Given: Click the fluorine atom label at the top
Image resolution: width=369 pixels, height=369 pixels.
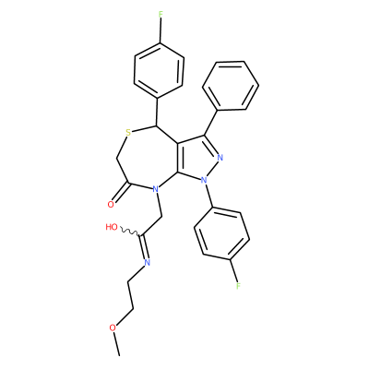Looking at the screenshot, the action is pos(160,14).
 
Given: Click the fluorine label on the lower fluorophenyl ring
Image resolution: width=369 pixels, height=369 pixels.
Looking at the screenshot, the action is pos(238,286).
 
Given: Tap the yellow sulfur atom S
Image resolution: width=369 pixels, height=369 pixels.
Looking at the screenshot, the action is pos(128,133).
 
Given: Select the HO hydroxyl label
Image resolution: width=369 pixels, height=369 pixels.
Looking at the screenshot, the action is pos(112,227).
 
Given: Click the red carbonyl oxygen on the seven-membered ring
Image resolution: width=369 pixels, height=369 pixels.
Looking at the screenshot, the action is pos(112,205).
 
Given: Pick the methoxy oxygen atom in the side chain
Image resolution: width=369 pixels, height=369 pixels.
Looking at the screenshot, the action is pos(113,327).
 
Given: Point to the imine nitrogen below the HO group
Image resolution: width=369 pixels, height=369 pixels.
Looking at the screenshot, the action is pos(147,262).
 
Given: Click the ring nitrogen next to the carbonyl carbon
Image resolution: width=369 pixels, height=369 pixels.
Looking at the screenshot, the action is pos(155,188).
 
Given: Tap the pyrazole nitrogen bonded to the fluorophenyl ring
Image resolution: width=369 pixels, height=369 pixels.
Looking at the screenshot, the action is pos(203,180).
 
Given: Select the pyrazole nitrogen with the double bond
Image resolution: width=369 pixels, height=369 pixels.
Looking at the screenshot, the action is pos(220,158).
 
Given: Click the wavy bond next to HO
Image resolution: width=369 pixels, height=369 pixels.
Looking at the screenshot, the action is pos(130,232).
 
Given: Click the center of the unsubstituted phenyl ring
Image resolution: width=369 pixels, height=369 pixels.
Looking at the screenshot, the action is pos(231,85).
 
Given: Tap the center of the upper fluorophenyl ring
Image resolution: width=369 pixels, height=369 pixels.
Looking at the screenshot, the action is pos(159,71).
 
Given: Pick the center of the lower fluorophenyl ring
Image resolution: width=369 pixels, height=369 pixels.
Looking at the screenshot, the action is pos(221,234).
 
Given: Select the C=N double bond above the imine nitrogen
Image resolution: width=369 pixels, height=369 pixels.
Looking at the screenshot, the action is pos(144,248).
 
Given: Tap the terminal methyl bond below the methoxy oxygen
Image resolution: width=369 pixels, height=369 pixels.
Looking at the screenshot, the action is pos(116,344).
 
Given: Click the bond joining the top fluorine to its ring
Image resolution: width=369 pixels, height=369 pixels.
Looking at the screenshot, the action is pos(160,31).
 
